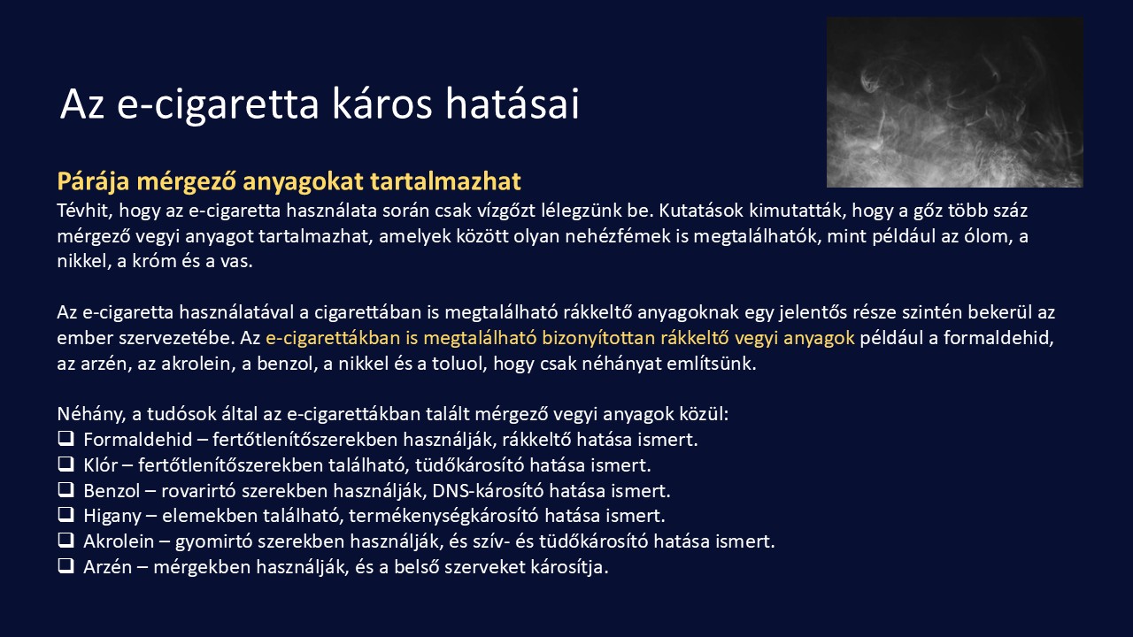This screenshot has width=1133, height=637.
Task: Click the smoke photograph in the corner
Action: click(x=954, y=102)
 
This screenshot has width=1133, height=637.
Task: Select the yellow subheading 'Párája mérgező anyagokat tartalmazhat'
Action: click(x=289, y=181)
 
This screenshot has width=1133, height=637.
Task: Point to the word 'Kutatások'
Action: click(x=697, y=211)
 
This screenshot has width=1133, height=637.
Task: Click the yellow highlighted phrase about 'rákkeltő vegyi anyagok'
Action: click(x=559, y=338)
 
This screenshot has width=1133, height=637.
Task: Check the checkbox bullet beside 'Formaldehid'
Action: click(x=66, y=438)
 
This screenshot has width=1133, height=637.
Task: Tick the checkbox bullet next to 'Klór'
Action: click(x=66, y=464)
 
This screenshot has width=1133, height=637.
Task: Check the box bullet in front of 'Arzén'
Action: click(x=66, y=566)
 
